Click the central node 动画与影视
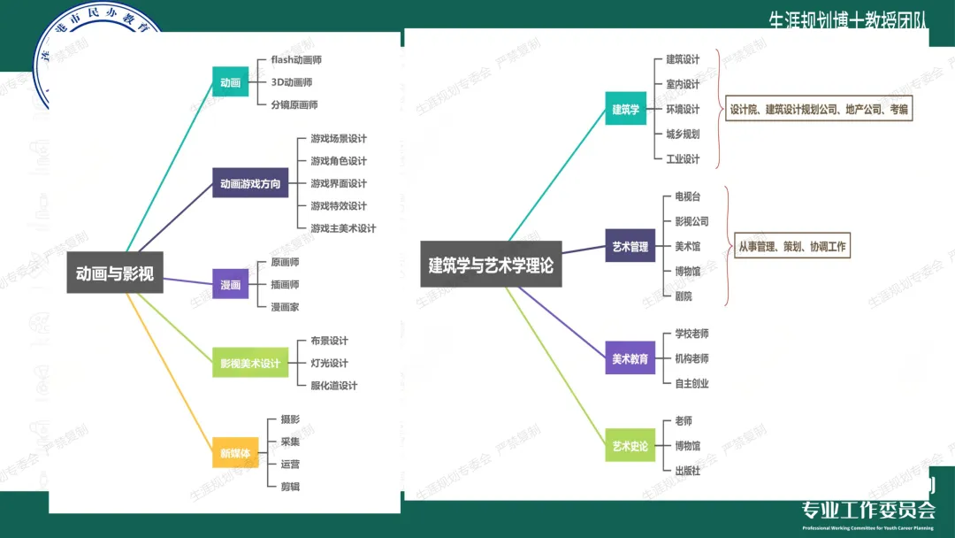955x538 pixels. pos(115,273)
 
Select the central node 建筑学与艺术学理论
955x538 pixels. pos(491,265)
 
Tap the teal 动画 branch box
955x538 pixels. pos(230,82)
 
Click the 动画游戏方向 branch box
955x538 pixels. pos(250,183)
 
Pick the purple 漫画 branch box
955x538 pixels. pos(231,284)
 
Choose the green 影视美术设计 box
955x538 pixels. pos(250,363)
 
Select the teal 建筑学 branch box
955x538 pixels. pos(625,110)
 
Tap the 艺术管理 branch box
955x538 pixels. pos(630,247)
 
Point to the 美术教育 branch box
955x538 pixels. pos(630,359)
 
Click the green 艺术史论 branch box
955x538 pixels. pos(630,446)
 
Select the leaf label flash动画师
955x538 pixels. pos(296,60)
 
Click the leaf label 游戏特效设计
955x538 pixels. pos(338,206)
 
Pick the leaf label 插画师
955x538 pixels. pos(285,285)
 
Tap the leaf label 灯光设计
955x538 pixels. pos(329,363)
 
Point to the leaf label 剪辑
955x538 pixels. pos(290,487)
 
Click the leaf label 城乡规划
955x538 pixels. pos(683,134)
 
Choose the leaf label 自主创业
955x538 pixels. pos(691,383)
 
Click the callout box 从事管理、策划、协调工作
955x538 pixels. pos(791,247)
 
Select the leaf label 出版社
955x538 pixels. pos(687,471)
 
